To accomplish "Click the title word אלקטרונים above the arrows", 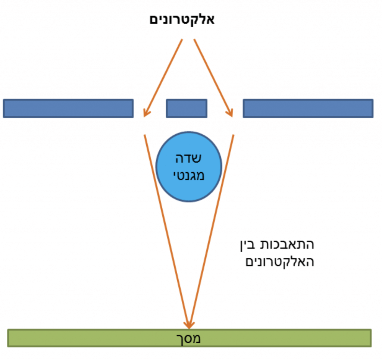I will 182,19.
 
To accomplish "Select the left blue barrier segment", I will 68,108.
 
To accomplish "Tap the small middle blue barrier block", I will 187,108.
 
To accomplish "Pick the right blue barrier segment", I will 308,108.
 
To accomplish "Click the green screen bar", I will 93,338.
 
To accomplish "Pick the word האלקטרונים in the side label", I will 279,262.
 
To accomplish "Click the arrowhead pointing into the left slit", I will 147,113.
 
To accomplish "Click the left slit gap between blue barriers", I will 150,108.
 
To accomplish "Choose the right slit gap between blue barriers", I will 225,108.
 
